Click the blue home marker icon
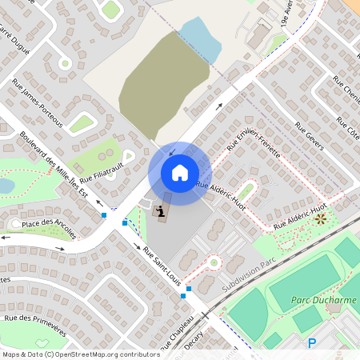point(180,173)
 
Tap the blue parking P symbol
point(312,343)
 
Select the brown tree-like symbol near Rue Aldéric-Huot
point(321,218)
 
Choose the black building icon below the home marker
point(161,211)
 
